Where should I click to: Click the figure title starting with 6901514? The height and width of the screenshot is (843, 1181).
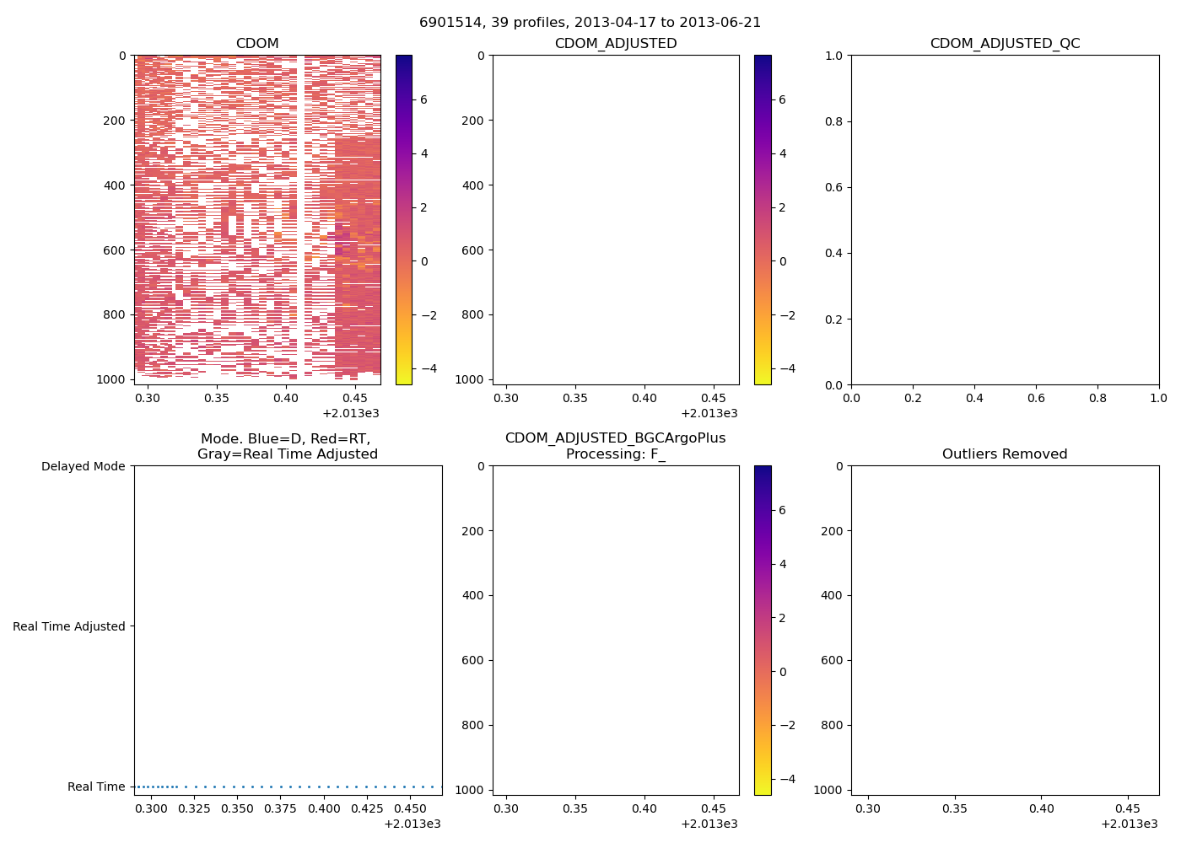point(590,23)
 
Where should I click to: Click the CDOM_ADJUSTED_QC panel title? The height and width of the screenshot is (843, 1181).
point(1005,44)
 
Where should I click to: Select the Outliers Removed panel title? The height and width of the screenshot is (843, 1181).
point(1005,454)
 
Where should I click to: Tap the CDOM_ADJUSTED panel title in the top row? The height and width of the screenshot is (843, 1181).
point(616,44)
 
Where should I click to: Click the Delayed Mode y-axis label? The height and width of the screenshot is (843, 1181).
point(83,467)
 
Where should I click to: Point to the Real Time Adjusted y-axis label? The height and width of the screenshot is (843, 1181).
point(69,626)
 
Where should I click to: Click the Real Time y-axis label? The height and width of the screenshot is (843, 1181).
point(96,787)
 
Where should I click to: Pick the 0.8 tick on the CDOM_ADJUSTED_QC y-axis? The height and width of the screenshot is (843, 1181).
point(833,121)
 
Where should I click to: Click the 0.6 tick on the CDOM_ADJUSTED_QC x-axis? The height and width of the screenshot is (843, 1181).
point(1036,398)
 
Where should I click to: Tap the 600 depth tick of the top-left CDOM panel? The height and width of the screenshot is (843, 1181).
point(116,250)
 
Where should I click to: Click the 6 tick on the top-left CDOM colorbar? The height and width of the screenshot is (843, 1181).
point(423,99)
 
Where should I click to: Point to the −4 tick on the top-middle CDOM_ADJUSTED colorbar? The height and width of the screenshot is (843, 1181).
point(782,368)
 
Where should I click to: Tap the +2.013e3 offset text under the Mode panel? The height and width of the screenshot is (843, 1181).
point(413,824)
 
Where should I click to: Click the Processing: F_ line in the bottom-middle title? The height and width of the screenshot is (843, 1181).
point(616,454)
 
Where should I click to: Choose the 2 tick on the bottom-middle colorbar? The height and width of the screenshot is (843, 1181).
point(783,618)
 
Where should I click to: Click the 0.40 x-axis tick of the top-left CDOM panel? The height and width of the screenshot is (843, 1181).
point(286,398)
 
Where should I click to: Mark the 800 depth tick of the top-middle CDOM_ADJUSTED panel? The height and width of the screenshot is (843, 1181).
point(474,315)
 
